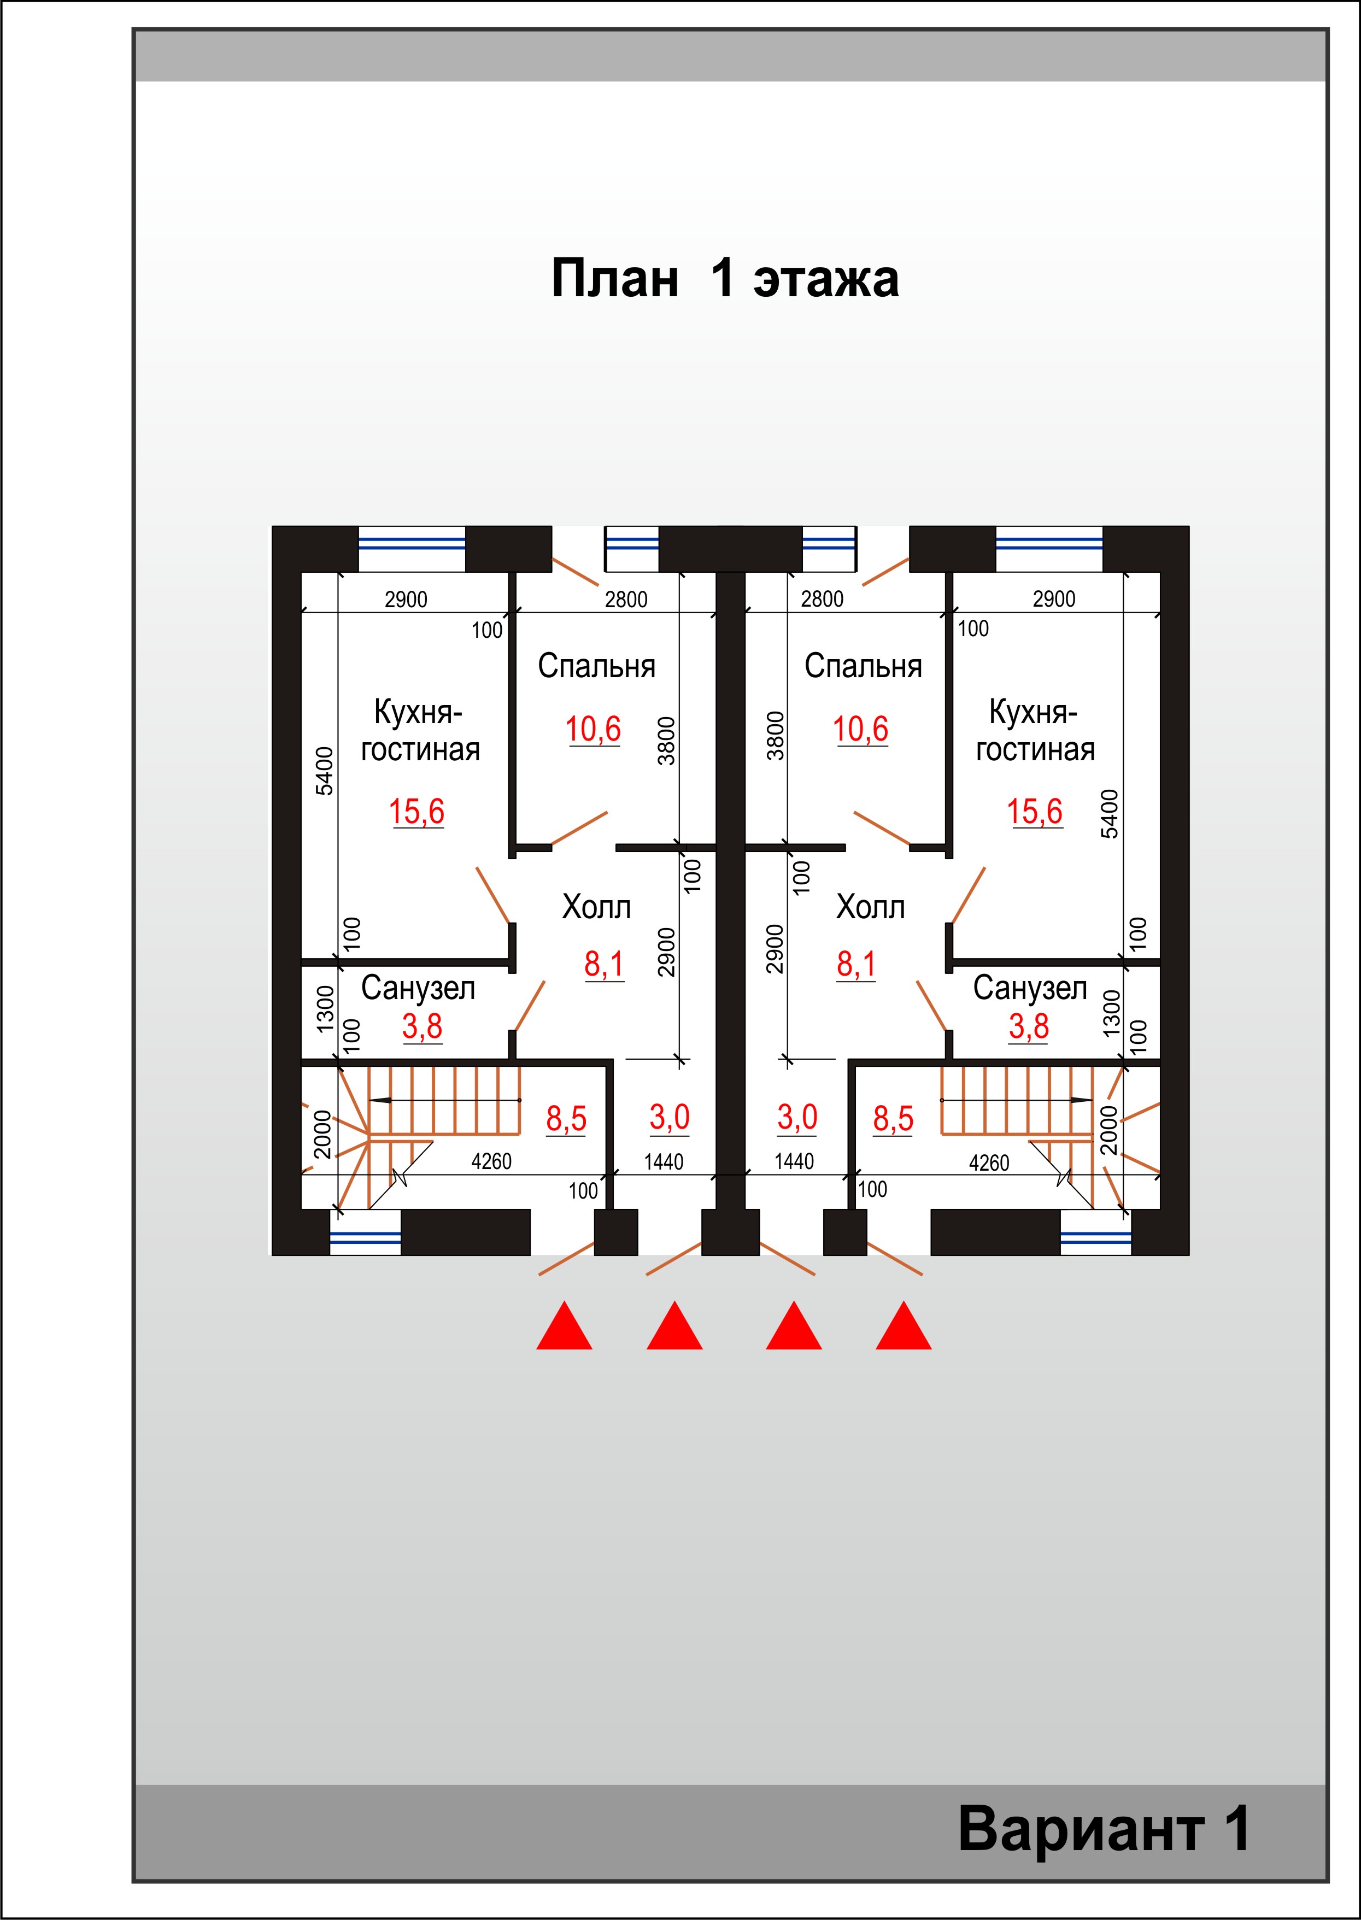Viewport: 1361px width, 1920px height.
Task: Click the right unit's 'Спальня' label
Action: click(863, 666)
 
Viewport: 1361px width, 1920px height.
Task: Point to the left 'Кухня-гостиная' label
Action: click(420, 731)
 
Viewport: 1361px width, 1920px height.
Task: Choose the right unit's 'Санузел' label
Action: click(1029, 989)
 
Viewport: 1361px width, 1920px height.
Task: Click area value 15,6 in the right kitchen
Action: click(1034, 811)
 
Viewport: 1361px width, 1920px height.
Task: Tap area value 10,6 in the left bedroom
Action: click(592, 729)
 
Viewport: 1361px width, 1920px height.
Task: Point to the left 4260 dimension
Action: click(491, 1161)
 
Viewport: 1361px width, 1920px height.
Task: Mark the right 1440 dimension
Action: click(794, 1161)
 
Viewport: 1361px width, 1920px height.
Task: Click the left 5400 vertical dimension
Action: click(324, 771)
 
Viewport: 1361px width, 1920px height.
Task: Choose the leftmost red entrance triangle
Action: click(564, 1325)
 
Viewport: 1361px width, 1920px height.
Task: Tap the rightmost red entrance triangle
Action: click(904, 1325)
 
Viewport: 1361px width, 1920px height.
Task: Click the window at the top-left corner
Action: click(412, 548)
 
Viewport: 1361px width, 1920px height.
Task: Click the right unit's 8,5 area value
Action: click(893, 1119)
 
